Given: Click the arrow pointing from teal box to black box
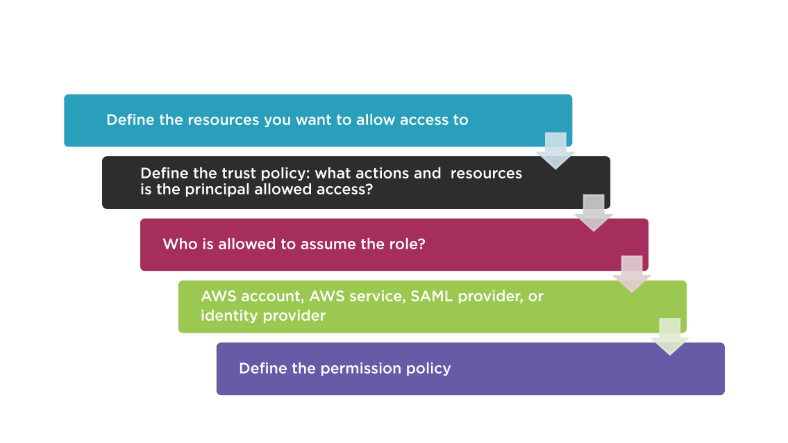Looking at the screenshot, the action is (x=555, y=151).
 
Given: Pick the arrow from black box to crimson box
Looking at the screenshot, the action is (x=594, y=213).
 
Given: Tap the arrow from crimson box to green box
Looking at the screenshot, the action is (x=632, y=274).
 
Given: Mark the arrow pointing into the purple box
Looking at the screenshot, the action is (x=670, y=336).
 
